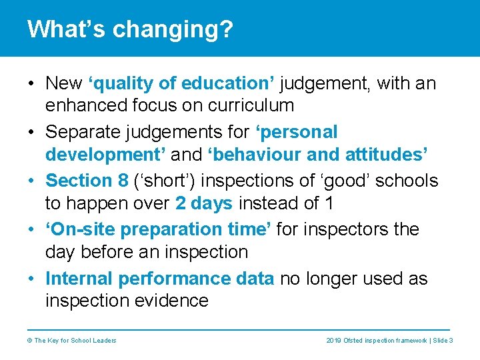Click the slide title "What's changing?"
click(130, 29)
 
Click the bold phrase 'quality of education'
click(179, 83)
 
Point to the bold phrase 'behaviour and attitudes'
click(318, 154)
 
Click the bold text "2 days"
click(204, 203)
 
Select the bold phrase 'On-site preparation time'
click(158, 229)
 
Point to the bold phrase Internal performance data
click(159, 278)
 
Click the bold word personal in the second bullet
click(297, 132)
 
